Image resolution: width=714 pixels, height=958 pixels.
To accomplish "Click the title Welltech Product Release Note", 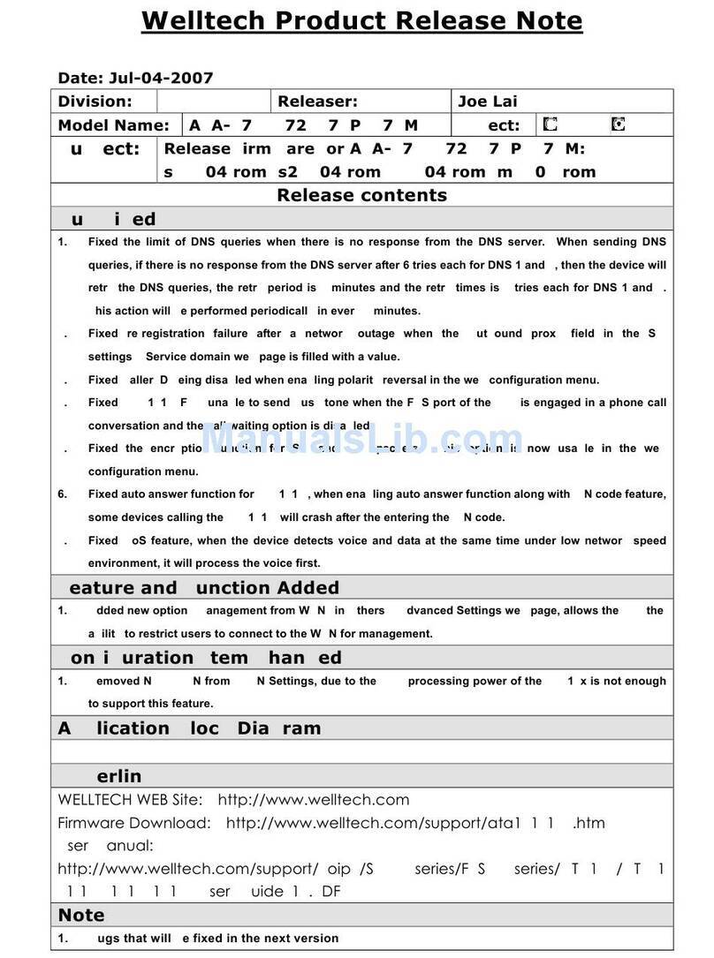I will (361, 20).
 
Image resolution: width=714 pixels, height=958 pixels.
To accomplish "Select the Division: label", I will (95, 102).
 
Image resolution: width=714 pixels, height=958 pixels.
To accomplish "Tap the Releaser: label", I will (317, 102).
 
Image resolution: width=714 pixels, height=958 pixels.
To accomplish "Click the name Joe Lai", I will (488, 102).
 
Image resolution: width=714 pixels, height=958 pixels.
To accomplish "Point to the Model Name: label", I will (113, 125).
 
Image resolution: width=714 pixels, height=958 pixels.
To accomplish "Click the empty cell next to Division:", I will (213, 102).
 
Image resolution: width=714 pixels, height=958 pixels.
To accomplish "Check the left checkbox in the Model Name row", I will (551, 124).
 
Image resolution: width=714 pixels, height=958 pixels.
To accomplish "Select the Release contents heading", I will (361, 195).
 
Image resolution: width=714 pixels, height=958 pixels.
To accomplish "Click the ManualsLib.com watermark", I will (362, 439).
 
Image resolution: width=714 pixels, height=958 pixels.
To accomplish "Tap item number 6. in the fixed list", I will (63, 494).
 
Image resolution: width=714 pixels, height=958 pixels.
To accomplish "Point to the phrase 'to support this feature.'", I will (150, 704).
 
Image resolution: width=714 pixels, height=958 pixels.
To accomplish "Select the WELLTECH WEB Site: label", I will (131, 800).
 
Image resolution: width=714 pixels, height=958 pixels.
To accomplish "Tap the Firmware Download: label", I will (134, 823).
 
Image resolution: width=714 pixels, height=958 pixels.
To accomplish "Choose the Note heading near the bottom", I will (81, 915).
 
